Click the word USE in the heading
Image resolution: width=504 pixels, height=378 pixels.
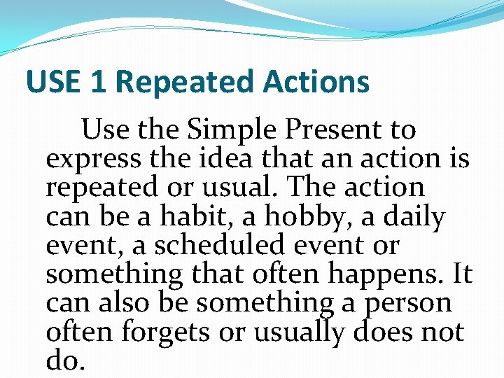(x=55, y=82)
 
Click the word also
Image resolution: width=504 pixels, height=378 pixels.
(x=126, y=304)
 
